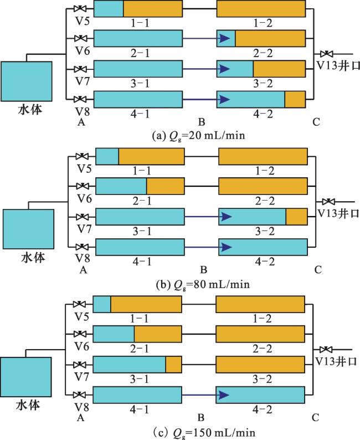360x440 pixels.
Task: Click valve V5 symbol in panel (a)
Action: click(x=82, y=9)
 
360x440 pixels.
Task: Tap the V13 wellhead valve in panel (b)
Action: click(x=328, y=201)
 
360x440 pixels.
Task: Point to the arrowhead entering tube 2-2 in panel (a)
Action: click(x=224, y=38)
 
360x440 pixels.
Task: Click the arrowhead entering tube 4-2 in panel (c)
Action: click(x=223, y=395)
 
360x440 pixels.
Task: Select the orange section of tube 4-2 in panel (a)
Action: click(x=295, y=100)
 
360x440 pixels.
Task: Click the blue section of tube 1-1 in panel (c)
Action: click(x=102, y=305)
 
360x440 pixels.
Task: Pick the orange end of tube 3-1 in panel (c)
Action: click(x=174, y=365)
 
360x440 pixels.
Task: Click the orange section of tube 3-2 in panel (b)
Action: click(x=296, y=217)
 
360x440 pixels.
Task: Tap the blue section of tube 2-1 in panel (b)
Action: click(x=121, y=186)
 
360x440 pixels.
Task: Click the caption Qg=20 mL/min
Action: click(x=192, y=135)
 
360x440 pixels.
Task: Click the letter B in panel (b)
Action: click(x=203, y=270)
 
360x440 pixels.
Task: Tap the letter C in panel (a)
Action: click(x=315, y=123)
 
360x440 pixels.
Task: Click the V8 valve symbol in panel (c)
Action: click(x=82, y=395)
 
